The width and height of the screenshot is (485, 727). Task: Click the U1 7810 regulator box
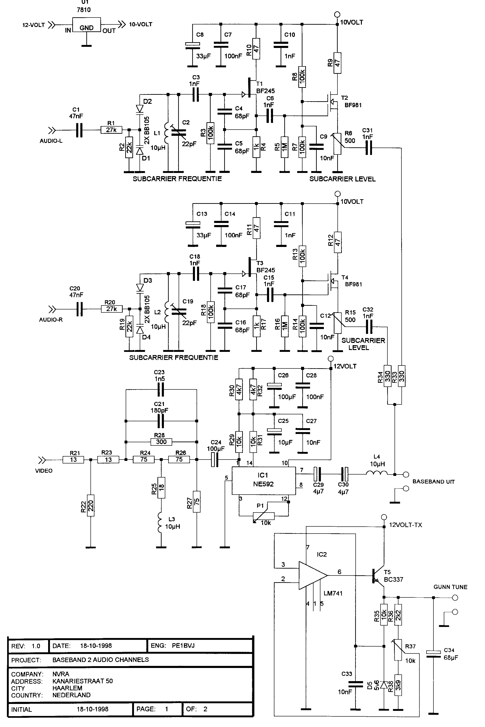tap(86, 25)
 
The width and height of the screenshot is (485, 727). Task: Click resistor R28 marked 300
tap(161, 442)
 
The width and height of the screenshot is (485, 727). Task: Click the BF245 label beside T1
tap(265, 91)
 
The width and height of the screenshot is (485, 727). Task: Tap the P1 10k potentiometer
tap(264, 516)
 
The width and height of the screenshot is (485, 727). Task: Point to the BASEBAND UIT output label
tap(433, 482)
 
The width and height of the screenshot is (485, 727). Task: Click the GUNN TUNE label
tap(450, 587)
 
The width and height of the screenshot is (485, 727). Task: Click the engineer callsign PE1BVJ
tap(183, 646)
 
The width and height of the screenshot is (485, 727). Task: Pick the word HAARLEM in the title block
tap(67, 688)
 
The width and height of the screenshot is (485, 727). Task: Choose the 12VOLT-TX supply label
tap(405, 525)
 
